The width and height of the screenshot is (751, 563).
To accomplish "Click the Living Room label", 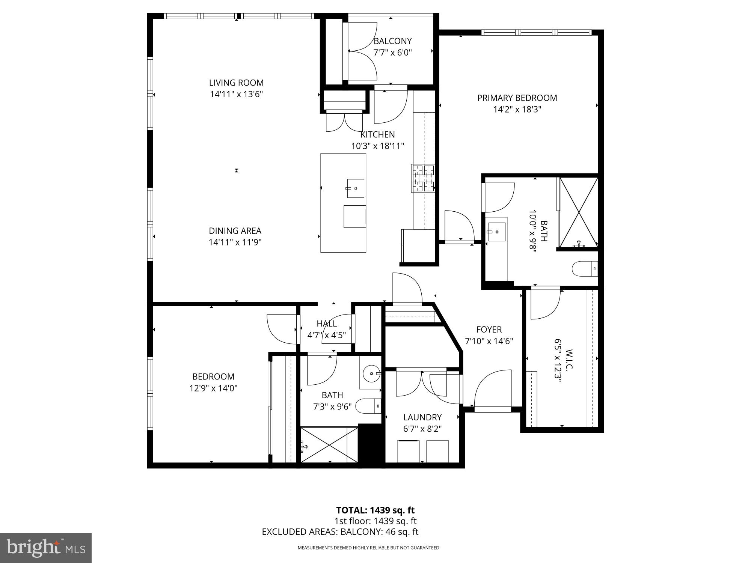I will pos(236,83).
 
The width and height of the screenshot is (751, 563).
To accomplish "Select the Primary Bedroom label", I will pos(517,98).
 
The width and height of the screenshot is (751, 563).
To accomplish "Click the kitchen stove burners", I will pos(423,179).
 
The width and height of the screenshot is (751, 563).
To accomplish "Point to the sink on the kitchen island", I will pos(355,188).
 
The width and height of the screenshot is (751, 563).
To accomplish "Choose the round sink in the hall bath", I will pos(371,373).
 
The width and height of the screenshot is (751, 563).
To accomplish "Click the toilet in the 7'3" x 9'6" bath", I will pos(368,406).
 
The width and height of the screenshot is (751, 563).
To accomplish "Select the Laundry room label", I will pos(422,417).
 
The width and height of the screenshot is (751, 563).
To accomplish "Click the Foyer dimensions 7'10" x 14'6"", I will pos(489,341).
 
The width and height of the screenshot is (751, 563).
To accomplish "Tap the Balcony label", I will pos(392,41).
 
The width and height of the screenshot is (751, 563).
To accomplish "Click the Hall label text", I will pos(326,324).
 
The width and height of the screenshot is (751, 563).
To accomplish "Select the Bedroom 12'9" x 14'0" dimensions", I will pos(213,388).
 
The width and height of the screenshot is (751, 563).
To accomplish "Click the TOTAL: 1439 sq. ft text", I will pos(375,510).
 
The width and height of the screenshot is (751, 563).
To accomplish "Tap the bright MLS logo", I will pos(46,548).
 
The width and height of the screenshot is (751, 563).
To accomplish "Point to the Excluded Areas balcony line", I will pos(340,531).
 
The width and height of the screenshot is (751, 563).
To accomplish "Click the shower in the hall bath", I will pos(329,445).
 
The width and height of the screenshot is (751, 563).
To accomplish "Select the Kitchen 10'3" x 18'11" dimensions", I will pos(377,146).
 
